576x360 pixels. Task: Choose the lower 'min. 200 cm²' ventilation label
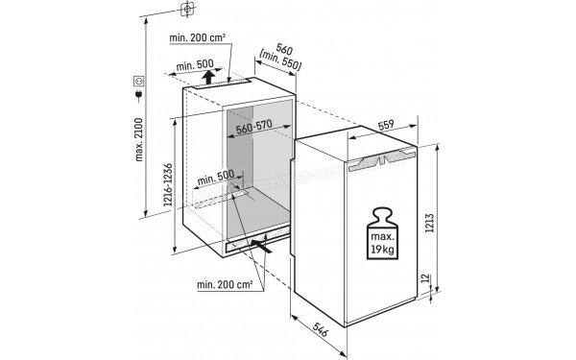coord(226,284)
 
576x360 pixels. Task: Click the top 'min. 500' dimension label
coord(194,65)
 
